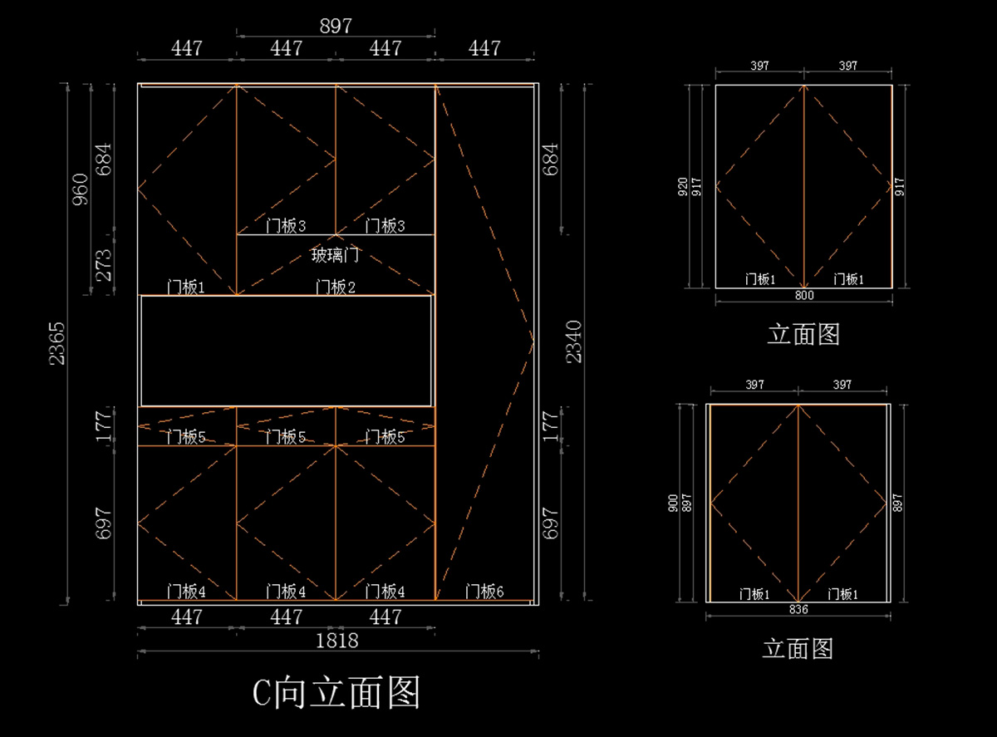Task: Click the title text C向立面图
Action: [x=336, y=692]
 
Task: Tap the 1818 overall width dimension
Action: [x=337, y=641]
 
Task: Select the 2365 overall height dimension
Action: [x=56, y=342]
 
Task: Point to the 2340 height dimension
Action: [x=574, y=342]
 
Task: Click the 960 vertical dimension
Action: [x=81, y=190]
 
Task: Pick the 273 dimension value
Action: [x=106, y=265]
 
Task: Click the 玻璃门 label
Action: [x=335, y=254]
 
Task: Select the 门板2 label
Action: [x=335, y=287]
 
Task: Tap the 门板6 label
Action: [x=484, y=592]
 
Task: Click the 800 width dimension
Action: [x=804, y=295]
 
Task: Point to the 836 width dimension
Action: [x=798, y=609]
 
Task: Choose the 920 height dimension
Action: [x=683, y=186]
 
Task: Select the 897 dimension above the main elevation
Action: [x=336, y=26]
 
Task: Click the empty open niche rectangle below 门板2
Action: [x=287, y=351]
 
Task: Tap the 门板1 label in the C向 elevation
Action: [x=186, y=287]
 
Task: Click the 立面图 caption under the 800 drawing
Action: [x=803, y=335]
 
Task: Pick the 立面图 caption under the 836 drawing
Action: [x=798, y=648]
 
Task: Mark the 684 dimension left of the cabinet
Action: [x=106, y=159]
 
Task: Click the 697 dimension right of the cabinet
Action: [x=550, y=523]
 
